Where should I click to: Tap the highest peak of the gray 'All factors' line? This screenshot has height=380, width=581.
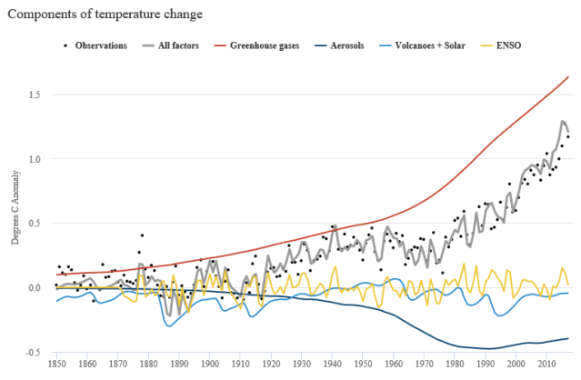563,121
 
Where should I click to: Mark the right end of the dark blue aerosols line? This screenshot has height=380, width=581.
568,338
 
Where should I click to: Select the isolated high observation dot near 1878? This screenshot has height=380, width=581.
142,235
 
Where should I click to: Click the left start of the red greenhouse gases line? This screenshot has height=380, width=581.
56,274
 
